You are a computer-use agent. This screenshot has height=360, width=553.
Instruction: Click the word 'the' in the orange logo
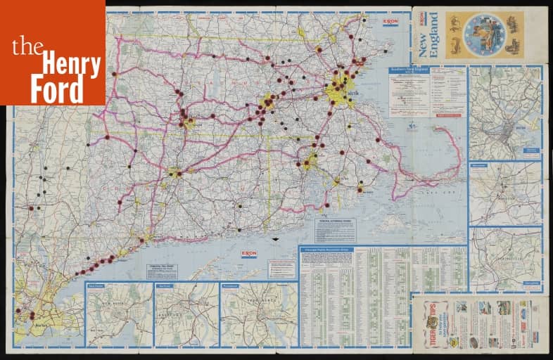(x=27, y=47)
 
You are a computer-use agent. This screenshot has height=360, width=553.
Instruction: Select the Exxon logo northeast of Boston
(x=390, y=22)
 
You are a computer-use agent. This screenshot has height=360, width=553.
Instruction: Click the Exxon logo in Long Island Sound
(x=248, y=253)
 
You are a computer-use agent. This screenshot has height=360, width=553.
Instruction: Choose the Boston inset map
(x=505, y=112)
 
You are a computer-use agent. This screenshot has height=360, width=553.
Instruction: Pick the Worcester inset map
(x=505, y=193)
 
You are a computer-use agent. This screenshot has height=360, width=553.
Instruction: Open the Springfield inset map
(x=505, y=259)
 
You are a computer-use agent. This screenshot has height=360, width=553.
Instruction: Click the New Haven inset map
(x=119, y=314)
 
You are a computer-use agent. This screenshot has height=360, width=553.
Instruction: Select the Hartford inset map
(x=186, y=314)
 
